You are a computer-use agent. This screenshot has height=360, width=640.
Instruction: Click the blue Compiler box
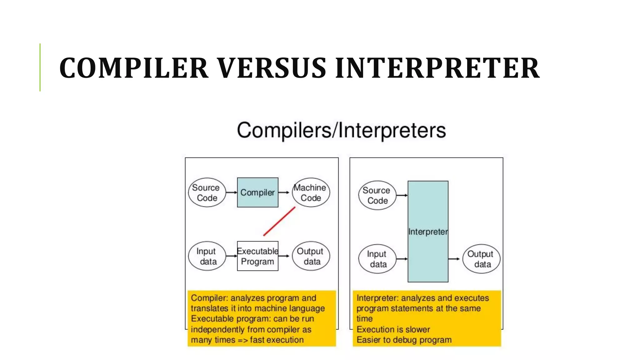[257, 192]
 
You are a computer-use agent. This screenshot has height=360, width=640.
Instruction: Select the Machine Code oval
[311, 192]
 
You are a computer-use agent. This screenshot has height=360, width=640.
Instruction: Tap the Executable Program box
[257, 256]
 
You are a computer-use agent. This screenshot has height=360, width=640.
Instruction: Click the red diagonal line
[279, 221]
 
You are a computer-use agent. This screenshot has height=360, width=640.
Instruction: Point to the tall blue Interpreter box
[428, 231]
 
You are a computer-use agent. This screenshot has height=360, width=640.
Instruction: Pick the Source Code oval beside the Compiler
[207, 192]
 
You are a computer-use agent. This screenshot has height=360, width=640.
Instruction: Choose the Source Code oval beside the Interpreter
[377, 195]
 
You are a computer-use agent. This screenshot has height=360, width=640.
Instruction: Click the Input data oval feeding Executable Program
[207, 256]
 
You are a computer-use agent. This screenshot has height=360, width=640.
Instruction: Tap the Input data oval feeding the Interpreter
[377, 259]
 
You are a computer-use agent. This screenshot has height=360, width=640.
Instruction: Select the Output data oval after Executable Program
[311, 256]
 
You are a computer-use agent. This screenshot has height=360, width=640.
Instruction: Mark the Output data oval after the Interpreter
[481, 259]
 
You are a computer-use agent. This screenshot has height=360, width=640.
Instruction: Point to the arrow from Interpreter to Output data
[454, 259]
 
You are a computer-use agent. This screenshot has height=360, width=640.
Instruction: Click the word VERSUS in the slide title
[272, 68]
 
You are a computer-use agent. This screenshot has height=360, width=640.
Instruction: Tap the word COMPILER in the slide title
[134, 68]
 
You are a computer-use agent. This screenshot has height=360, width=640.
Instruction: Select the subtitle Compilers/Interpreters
[341, 130]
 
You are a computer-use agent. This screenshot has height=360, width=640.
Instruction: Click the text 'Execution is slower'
[393, 329]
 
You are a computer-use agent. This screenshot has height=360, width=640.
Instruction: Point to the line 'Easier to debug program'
[404, 340]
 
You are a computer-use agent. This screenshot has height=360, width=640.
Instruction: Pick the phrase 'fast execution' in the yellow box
[277, 340]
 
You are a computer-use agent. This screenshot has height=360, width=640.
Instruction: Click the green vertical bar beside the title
[40, 67]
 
